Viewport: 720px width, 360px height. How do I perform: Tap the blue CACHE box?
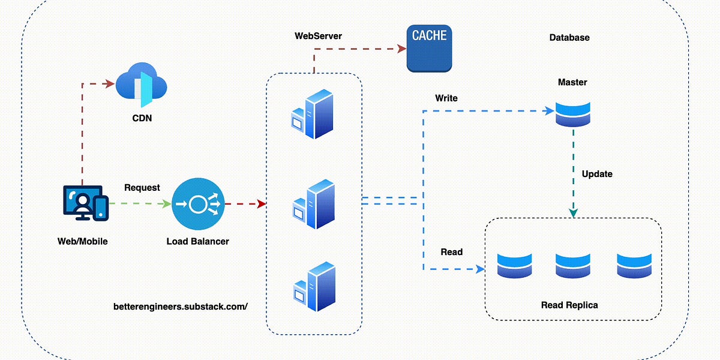[x=429, y=47]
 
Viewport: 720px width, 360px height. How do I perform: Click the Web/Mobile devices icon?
[x=85, y=203]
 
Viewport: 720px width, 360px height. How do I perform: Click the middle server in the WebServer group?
[x=313, y=203]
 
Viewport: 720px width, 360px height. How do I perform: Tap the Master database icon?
[x=572, y=113]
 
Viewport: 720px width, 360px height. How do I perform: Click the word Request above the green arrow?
[x=142, y=188]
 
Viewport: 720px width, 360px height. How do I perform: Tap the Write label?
[x=446, y=98]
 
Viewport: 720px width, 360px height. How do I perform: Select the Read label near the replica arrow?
[x=451, y=252]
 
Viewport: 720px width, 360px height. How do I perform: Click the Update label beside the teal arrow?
[x=597, y=174]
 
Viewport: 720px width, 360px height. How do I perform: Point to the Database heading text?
[x=569, y=37]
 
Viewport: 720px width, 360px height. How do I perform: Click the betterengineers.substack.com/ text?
[x=181, y=306]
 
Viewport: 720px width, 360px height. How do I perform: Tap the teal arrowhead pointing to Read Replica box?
[x=573, y=213]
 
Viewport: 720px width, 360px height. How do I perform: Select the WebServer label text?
[x=318, y=36]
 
